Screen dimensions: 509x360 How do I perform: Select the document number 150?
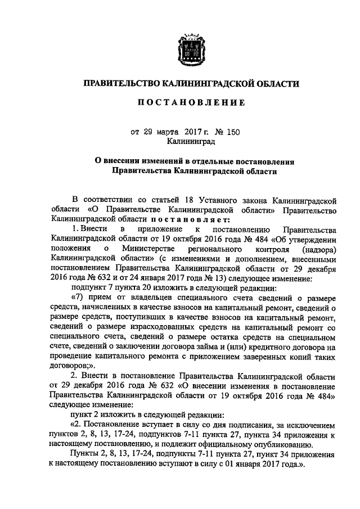coord(232,133)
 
